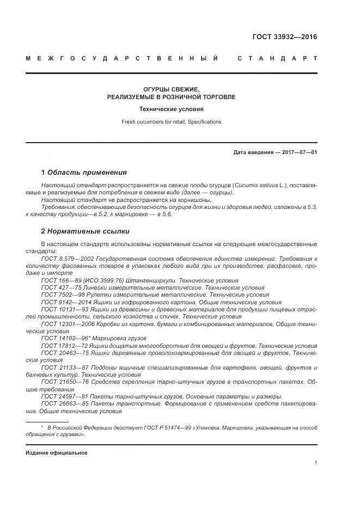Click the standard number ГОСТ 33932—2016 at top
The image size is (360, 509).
tap(284, 38)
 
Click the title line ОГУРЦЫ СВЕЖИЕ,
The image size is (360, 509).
tap(171, 89)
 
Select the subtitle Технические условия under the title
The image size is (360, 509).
tap(171, 109)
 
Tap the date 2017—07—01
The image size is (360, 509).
tap(298, 152)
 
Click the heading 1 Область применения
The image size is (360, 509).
tap(84, 173)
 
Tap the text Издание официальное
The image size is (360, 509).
tap(57, 453)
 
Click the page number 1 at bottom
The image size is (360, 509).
tap(316, 463)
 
